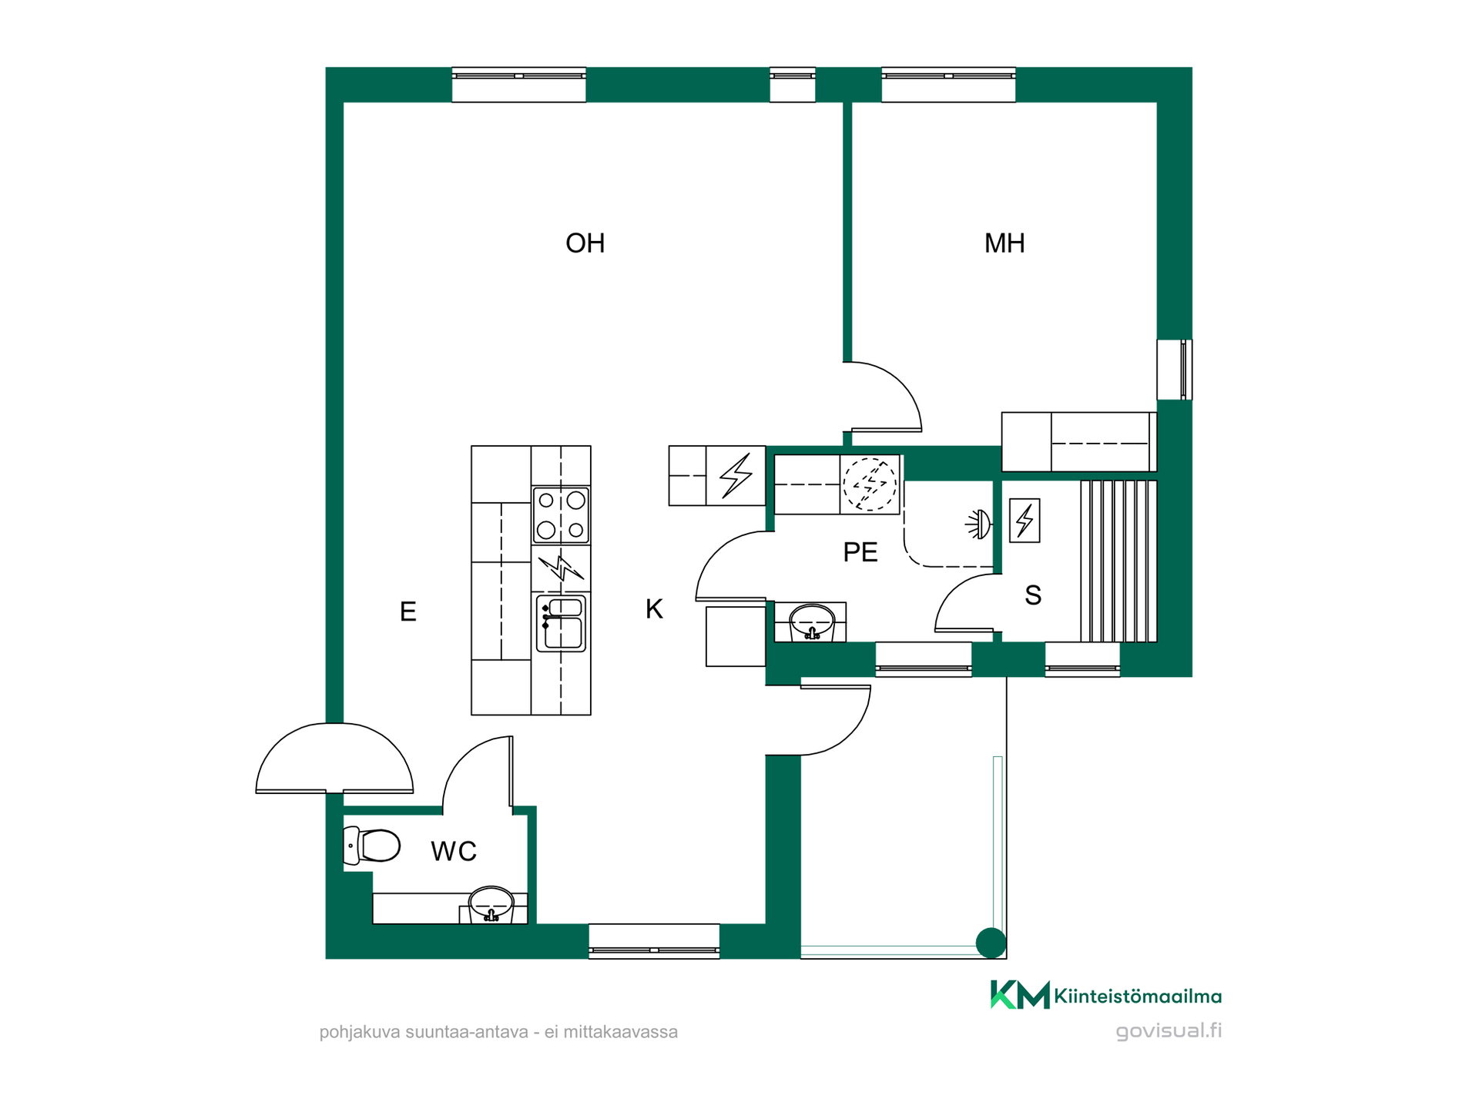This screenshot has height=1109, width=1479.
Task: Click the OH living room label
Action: click(x=585, y=243)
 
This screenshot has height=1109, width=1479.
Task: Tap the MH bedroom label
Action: click(x=1004, y=243)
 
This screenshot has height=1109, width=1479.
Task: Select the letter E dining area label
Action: click(x=408, y=611)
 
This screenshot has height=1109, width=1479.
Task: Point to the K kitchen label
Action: click(x=654, y=609)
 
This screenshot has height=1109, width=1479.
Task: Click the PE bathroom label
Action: click(x=860, y=552)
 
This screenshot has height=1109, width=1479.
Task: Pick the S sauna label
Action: click(x=1033, y=595)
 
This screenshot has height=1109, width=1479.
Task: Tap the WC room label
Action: click(x=454, y=851)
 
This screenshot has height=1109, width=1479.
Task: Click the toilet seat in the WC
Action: click(x=372, y=846)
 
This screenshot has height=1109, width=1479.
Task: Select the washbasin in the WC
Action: click(x=491, y=903)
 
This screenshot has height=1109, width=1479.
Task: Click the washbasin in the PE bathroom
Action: click(x=812, y=622)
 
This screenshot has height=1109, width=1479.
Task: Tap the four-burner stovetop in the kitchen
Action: click(x=561, y=515)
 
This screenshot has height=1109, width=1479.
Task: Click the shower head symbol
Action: click(x=979, y=525)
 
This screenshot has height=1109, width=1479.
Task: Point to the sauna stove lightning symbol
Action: click(x=1025, y=521)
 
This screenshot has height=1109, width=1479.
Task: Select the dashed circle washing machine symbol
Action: click(x=870, y=484)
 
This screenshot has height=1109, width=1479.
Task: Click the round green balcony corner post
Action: click(x=991, y=943)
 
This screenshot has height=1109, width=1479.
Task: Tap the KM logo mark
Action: click(x=1020, y=995)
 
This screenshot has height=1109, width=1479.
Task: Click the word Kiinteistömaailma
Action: click(x=1138, y=997)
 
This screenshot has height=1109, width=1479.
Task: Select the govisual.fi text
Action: click(x=1169, y=1031)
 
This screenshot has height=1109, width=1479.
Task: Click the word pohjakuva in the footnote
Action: click(x=360, y=1033)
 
